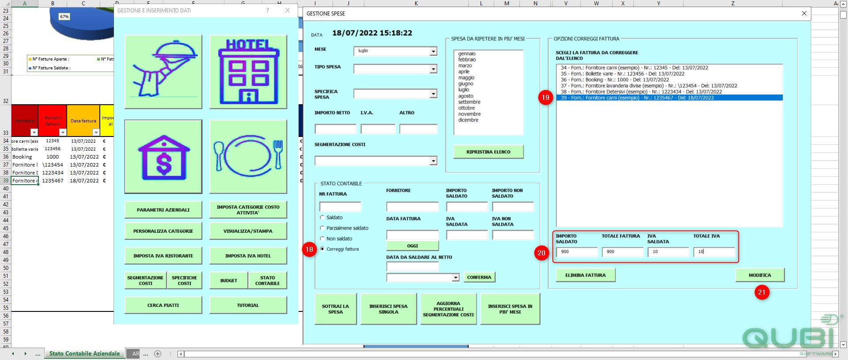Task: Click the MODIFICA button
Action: pos(760,275)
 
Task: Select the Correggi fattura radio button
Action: pos(322,249)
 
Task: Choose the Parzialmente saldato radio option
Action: pos(322,228)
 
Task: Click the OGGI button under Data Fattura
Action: pos(413,246)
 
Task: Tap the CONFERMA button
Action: pos(479,277)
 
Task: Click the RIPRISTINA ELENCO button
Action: pos(488,152)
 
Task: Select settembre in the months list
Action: pos(469,102)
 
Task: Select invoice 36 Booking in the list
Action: pos(615,80)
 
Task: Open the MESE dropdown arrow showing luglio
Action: pos(433,51)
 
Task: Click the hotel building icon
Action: pos(248,72)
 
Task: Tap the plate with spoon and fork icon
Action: pos(248,156)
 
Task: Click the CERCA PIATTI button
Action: pos(163,305)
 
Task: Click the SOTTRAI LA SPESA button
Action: pos(336,309)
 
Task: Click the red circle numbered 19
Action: pos(546,98)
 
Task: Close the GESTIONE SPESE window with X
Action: pos(804,13)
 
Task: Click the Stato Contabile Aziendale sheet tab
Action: pos(84,354)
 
